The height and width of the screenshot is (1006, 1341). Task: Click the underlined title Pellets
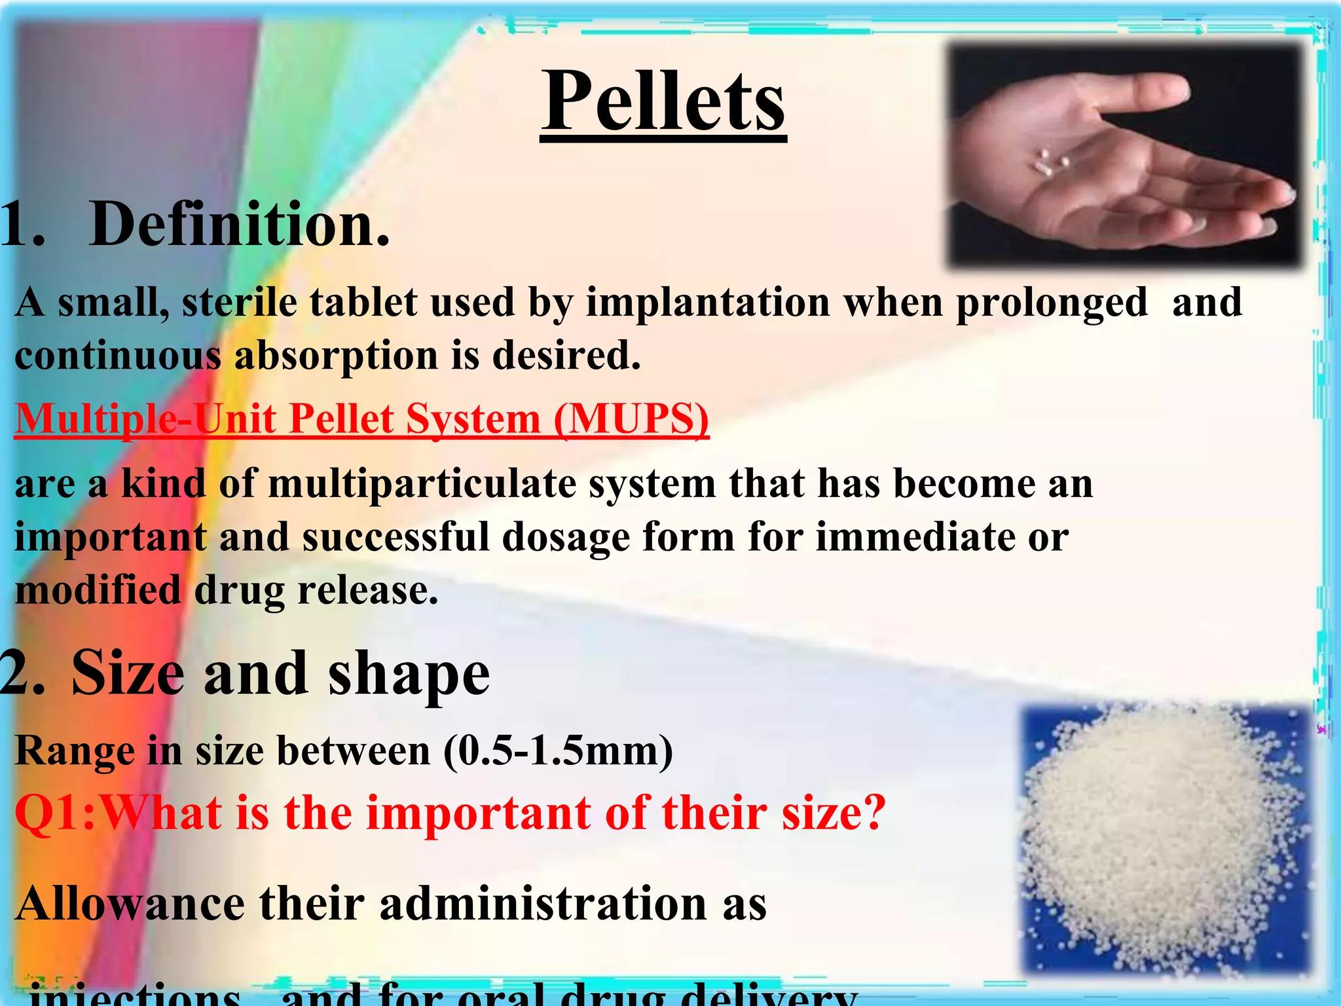click(x=663, y=103)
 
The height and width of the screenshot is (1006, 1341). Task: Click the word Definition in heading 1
click(x=240, y=224)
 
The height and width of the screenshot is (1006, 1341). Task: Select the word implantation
click(x=707, y=303)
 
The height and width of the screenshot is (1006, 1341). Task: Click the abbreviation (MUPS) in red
click(x=631, y=419)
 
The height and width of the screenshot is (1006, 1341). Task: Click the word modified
click(x=98, y=590)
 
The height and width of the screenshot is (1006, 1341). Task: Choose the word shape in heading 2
click(x=409, y=675)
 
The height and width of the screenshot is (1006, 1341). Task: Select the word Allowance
click(x=131, y=904)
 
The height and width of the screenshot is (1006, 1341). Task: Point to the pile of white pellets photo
click(x=1166, y=838)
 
